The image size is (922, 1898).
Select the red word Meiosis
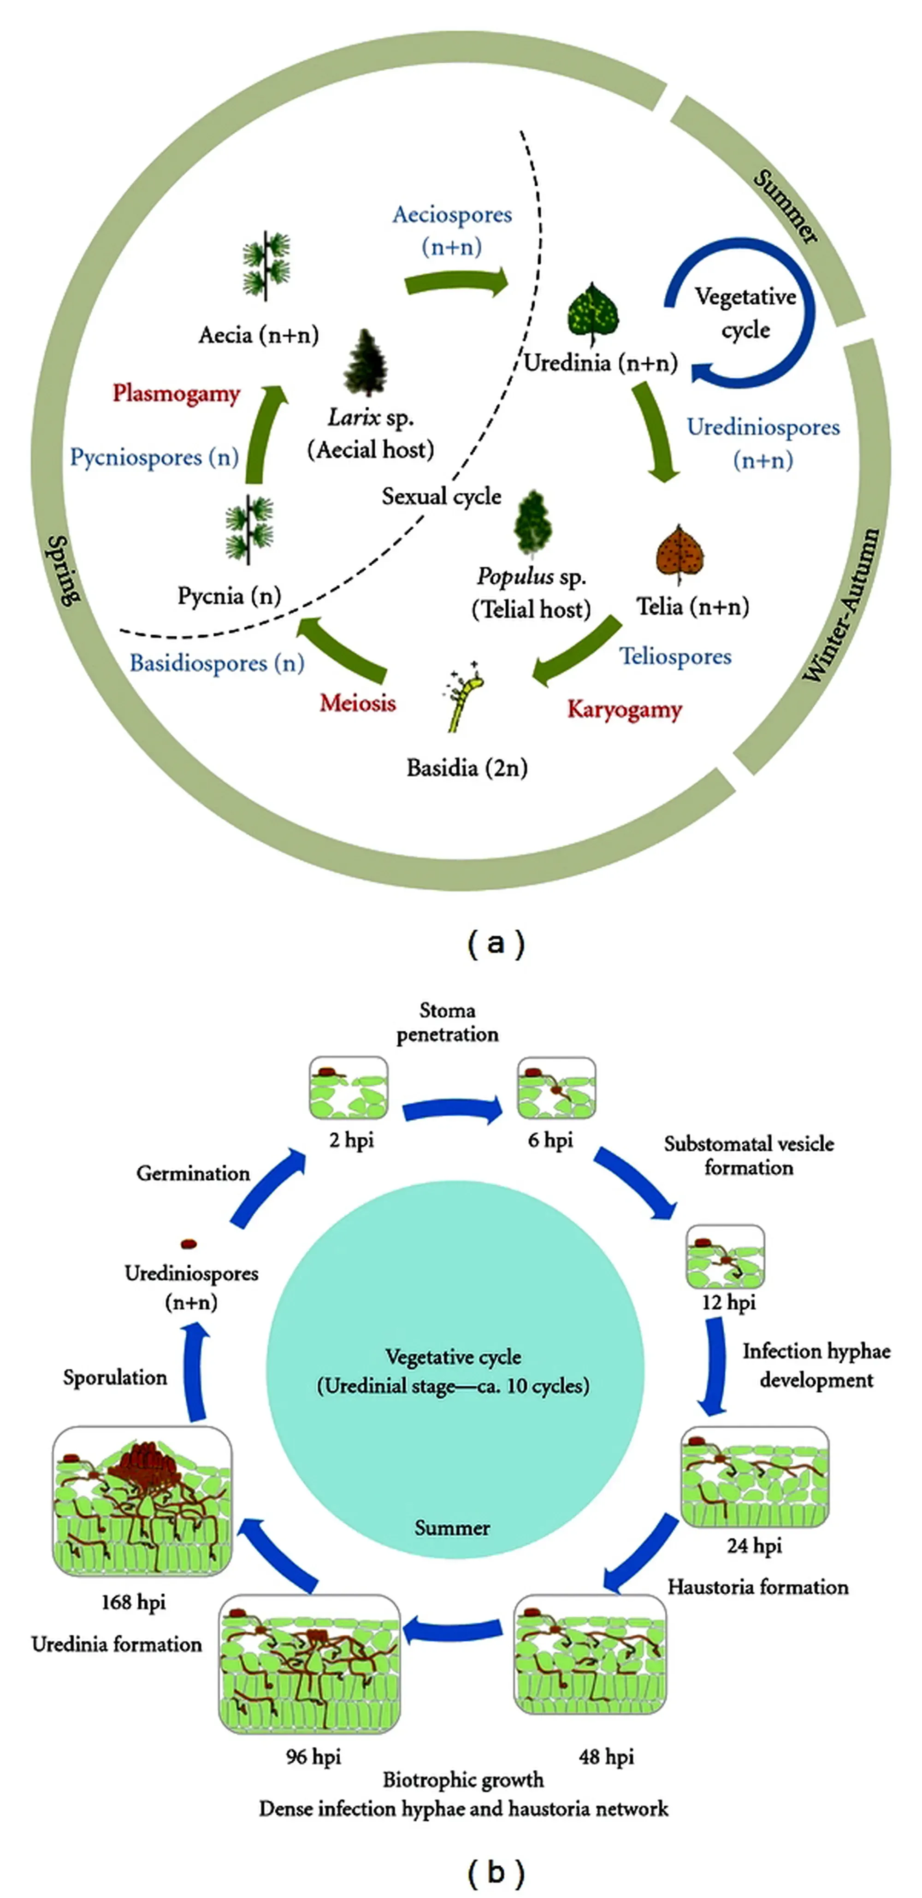(357, 703)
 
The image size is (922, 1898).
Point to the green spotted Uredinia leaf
(592, 313)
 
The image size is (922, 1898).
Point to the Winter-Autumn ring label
(841, 604)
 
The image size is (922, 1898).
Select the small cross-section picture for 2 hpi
(349, 1088)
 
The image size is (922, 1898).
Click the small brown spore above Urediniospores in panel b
(189, 1244)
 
